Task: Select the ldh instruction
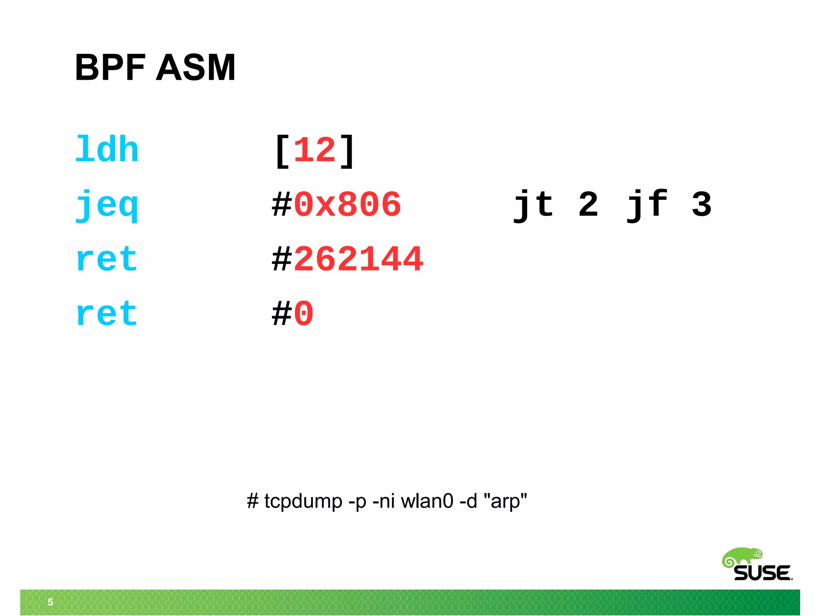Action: pos(107,150)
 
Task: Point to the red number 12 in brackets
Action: pos(315,150)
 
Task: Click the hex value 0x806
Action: pos(347,205)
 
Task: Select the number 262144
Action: pos(358,259)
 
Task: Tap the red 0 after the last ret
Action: pos(303,314)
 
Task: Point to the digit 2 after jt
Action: pos(588,205)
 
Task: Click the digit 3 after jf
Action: pos(702,205)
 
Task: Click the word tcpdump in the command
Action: pos(303,501)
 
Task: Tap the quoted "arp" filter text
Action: pos(506,501)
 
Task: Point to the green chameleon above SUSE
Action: pos(742,557)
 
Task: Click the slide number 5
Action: pos(51,602)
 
